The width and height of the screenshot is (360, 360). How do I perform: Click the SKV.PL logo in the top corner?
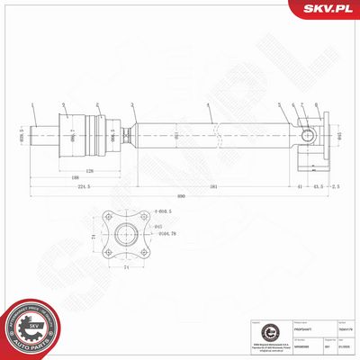coord(328,9)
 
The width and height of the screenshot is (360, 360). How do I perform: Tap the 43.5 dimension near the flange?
coord(317,186)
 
